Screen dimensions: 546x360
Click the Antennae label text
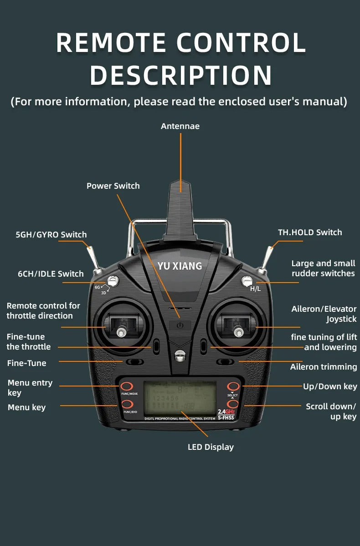180,126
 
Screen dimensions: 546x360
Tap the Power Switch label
113,186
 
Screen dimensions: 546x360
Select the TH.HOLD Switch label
310,232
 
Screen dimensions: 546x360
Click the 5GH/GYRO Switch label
51,235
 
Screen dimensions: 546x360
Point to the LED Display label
211,447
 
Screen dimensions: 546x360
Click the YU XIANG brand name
180,266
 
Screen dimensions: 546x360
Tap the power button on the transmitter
180,325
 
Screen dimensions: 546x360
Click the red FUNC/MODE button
127,386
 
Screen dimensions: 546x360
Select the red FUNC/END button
127,404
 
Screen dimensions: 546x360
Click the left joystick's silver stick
121,332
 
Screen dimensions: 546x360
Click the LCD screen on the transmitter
180,398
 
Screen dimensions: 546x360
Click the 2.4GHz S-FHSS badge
226,414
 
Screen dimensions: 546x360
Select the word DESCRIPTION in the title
180,76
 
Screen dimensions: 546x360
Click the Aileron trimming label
324,367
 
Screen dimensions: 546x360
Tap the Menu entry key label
30,388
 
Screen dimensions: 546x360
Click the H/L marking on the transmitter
255,289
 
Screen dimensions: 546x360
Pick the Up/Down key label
330,386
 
